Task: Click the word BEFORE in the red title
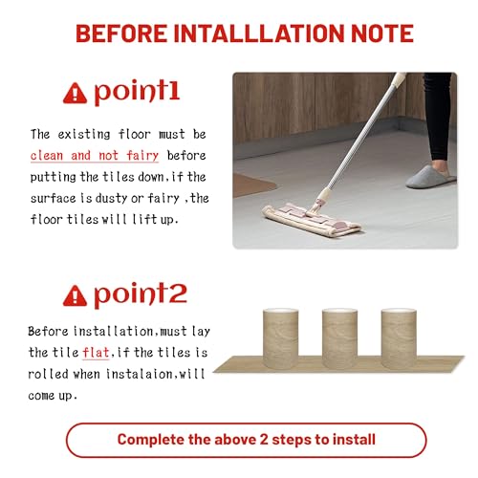click(121, 33)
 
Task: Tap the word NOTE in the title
click(382, 33)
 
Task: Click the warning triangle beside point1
click(75, 93)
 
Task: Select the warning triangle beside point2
click(75, 295)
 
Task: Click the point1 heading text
click(137, 92)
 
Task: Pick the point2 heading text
click(141, 294)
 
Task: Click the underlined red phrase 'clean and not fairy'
click(95, 156)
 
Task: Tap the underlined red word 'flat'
click(96, 353)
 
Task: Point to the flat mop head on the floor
click(311, 220)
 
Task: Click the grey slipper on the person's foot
click(431, 177)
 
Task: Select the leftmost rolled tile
click(280, 338)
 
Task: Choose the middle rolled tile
click(339, 338)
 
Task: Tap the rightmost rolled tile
click(399, 338)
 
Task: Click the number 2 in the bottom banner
click(264, 440)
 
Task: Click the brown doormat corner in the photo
click(252, 185)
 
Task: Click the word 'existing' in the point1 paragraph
click(84, 135)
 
